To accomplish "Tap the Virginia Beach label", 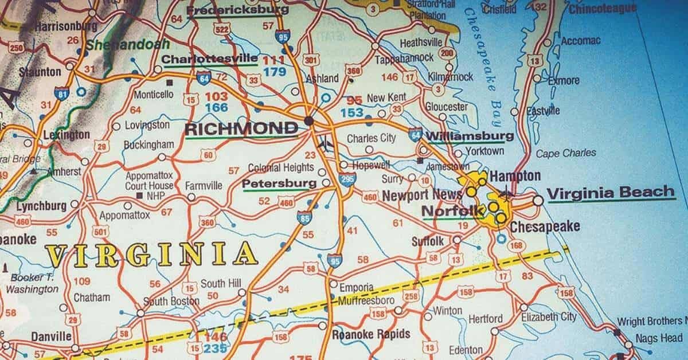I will (611, 193).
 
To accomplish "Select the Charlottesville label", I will (210, 59).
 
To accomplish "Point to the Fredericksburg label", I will (238, 10).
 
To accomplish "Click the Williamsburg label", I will (470, 136).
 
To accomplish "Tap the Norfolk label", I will (452, 211).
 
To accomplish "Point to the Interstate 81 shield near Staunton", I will (61, 93).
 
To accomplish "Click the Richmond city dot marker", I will (309, 121).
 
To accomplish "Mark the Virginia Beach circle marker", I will (538, 201).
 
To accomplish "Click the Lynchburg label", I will (41, 206).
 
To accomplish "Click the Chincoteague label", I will (603, 8).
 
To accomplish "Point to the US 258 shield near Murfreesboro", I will (411, 296).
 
